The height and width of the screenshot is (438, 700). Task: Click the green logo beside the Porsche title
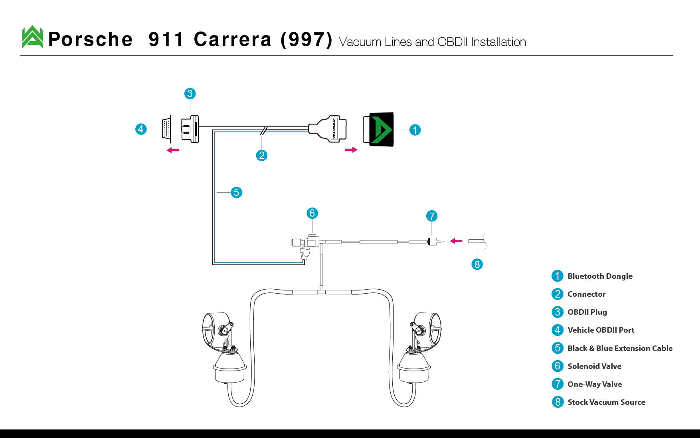pos(32,37)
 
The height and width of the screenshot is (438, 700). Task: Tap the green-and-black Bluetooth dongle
pos(378,129)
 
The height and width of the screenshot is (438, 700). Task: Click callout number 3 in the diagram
pos(190,94)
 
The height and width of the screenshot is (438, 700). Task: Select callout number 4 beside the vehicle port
pos(141,129)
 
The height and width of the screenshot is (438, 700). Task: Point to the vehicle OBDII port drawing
pos(167,129)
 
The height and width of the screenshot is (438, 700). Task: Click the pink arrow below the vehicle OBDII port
pos(173,150)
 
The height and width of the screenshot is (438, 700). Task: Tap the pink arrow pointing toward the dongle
pos(351,150)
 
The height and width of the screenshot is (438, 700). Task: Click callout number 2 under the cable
pos(262,156)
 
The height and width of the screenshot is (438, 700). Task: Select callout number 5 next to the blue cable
pos(237,193)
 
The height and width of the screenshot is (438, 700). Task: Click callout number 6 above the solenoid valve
pos(312,213)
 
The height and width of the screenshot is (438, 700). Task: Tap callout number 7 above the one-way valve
pos(432,216)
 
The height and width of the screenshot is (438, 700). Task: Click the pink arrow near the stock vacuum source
pos(456,241)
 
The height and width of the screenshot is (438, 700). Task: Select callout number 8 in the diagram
pos(477,264)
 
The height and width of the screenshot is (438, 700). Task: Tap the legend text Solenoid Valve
pos(595,366)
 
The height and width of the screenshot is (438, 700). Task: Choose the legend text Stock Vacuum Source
pos(607,402)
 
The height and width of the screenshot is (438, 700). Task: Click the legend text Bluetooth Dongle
pos(600,276)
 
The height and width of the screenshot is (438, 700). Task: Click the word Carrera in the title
pos(233,39)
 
